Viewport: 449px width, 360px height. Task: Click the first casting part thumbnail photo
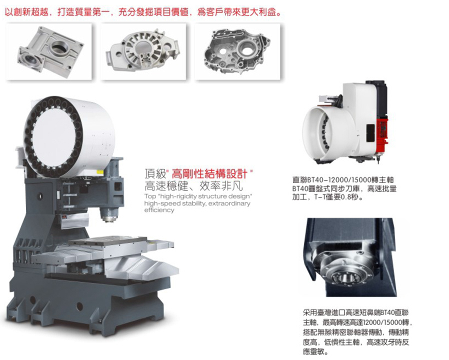[x=48, y=51]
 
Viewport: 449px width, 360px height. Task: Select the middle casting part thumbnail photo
[x=142, y=51]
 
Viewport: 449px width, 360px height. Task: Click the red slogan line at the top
[x=142, y=10]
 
